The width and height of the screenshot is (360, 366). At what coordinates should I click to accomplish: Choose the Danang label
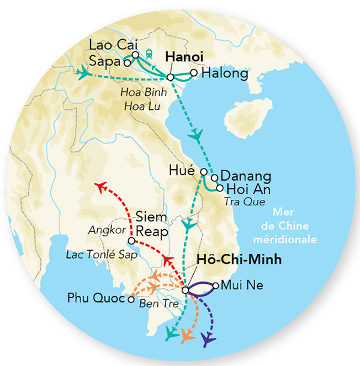point(246,177)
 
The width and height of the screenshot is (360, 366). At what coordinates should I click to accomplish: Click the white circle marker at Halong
point(194,73)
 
